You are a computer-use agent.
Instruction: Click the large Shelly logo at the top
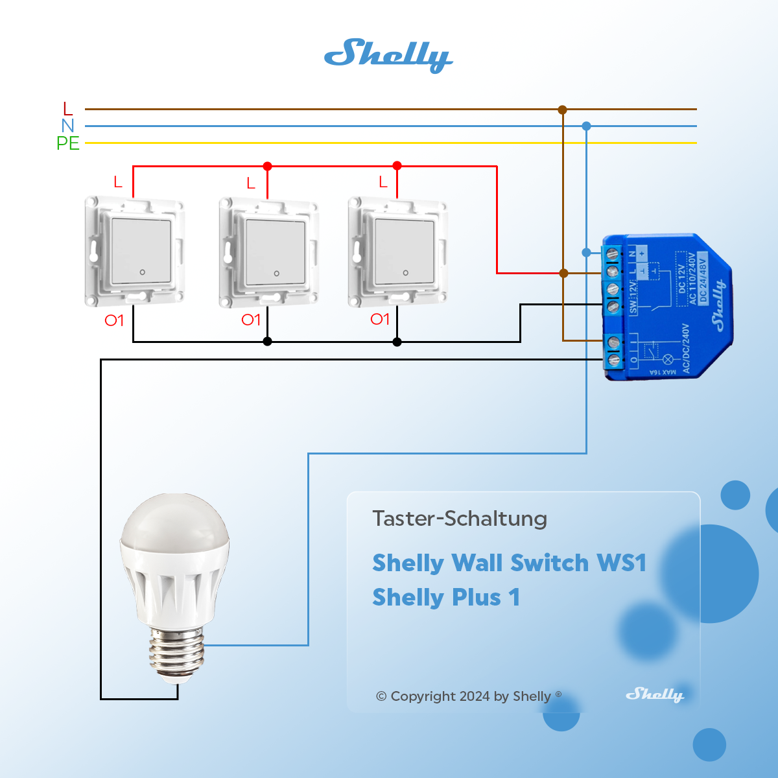point(388,55)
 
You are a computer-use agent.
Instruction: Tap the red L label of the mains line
point(68,109)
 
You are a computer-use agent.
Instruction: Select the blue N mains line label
point(68,126)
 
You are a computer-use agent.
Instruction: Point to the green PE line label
point(68,143)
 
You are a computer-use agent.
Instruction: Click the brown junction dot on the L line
point(563,110)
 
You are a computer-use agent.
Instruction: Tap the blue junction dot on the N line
point(586,126)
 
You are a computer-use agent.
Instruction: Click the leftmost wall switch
point(135,252)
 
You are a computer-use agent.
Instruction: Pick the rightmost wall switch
point(398,252)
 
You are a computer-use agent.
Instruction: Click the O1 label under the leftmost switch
point(114,320)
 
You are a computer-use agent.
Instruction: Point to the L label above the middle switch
point(251,184)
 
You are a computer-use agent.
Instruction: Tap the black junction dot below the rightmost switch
point(397,342)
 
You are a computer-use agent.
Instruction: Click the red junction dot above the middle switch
point(267,167)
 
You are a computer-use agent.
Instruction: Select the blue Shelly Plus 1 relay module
point(668,307)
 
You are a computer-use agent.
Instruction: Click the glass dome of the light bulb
point(175,525)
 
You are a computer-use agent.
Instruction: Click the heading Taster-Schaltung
point(460,519)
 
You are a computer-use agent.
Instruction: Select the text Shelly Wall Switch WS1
point(510,563)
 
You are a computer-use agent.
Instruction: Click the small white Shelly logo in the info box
point(655,695)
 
